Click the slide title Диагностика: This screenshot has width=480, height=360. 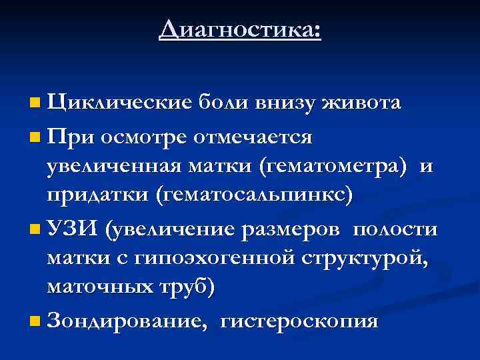pyautogui.click(x=240, y=31)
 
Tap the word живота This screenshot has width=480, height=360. pyautogui.click(x=361, y=103)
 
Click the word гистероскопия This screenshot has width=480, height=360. pyautogui.click(x=299, y=321)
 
